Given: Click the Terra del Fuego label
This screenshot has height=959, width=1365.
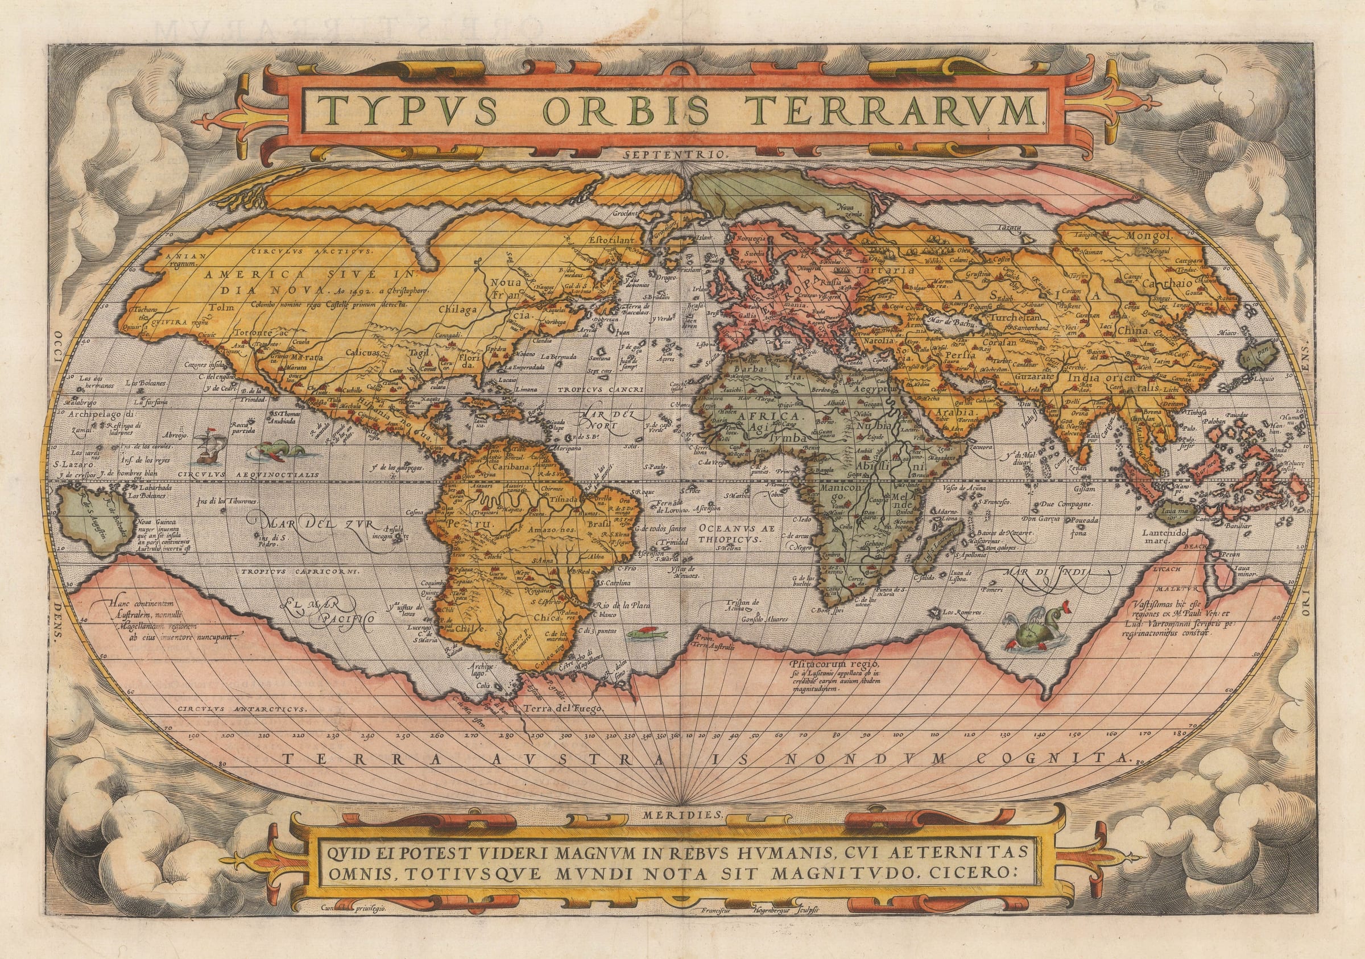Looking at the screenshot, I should click(x=564, y=709).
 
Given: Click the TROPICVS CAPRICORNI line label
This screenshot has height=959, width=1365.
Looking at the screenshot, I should click(x=299, y=571).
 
